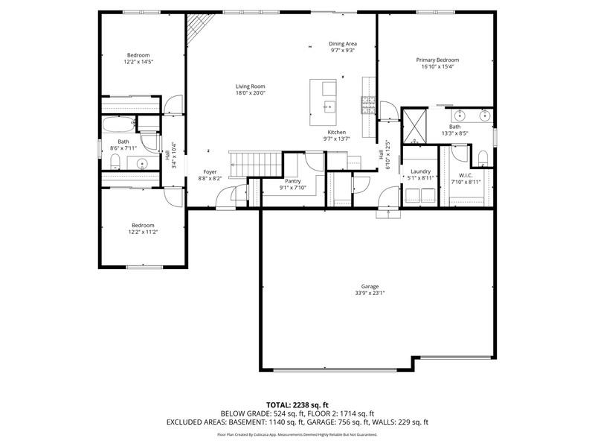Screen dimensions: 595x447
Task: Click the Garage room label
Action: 370,287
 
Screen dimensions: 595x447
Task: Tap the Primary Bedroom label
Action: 437,60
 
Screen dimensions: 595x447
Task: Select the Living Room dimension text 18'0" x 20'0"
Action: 251,92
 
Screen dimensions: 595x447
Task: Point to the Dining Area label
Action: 343,44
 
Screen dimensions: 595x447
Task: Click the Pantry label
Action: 292,181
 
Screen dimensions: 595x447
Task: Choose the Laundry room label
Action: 420,171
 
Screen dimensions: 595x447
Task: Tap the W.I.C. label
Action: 466,175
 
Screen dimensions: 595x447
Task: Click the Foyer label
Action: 210,172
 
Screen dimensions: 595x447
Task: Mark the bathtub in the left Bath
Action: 119,123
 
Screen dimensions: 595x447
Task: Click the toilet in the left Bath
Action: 115,162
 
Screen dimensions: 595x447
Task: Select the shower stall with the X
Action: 414,126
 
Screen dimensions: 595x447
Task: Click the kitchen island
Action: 323,102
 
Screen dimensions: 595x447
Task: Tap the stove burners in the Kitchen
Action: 367,105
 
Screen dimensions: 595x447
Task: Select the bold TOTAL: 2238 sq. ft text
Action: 297,405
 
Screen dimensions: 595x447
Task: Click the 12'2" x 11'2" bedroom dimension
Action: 143,232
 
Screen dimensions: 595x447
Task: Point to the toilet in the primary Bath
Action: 483,158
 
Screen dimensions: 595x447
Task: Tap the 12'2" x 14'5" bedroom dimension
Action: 138,62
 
